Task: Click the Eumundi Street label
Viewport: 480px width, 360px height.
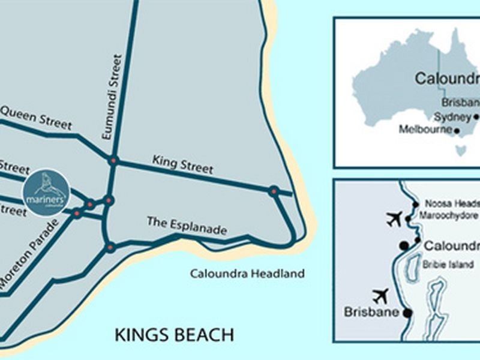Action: point(113,97)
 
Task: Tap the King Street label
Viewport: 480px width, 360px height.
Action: point(182,164)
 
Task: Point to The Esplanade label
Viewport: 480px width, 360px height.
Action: point(187,226)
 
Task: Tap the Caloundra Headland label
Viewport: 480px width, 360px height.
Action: point(247,274)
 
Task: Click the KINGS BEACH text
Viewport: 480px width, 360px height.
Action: point(174,334)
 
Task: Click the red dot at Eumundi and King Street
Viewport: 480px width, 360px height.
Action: point(113,160)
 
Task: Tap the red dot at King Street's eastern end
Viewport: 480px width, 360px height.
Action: point(274,191)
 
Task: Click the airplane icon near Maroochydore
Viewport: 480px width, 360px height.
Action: point(394,219)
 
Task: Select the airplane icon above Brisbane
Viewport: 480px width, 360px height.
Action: point(380,296)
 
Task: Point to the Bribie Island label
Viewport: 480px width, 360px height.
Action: point(448,264)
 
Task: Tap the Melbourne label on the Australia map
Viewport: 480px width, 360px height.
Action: point(426,129)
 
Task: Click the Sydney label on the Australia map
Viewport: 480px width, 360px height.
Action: point(452,117)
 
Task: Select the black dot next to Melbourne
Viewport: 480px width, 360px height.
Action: point(457,130)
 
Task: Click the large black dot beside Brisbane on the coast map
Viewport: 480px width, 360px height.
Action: point(407,313)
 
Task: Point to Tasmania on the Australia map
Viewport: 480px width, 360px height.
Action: point(460,148)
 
